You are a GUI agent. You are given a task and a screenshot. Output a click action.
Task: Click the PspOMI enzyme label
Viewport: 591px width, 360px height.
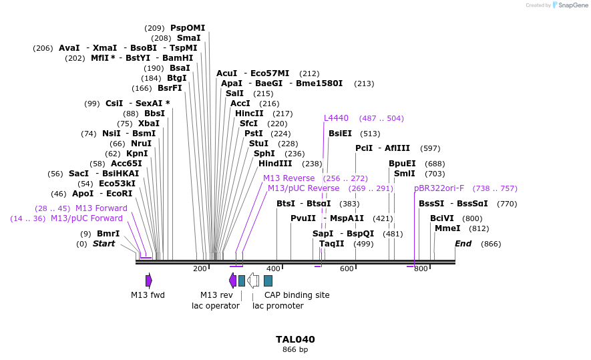click(188, 28)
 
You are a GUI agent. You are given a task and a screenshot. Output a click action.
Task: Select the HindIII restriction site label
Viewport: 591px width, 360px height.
click(275, 164)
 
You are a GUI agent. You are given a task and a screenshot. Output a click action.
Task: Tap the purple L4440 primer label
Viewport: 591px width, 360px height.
click(336, 118)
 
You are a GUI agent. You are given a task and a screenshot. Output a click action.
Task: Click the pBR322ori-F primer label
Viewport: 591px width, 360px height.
click(439, 188)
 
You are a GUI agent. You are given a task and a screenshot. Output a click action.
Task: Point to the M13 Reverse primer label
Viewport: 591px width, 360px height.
click(288, 178)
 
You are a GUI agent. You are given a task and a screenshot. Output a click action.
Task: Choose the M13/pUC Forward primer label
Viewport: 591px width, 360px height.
click(87, 218)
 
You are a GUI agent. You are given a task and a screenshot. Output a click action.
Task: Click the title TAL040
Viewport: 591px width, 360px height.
click(295, 339)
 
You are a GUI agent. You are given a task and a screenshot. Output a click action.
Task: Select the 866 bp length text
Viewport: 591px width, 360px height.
click(295, 349)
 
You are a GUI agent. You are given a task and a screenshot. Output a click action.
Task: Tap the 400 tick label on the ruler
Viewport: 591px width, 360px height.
click(273, 268)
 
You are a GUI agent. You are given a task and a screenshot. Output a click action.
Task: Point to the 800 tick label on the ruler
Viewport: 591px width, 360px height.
click(420, 268)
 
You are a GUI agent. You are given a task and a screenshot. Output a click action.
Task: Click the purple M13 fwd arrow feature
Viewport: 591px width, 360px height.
click(149, 281)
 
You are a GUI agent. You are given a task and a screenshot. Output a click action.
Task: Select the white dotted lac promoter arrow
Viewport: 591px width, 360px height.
click(253, 281)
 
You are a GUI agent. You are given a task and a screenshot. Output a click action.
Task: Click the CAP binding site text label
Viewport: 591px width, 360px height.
click(297, 295)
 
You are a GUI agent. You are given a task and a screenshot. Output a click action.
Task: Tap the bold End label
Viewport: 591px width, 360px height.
click(463, 244)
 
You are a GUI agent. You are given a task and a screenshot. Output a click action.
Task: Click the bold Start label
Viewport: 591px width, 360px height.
click(104, 244)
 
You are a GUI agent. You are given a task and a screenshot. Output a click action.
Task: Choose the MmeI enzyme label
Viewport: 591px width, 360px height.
click(447, 228)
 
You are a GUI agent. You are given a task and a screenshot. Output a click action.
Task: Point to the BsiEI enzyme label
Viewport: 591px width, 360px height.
click(340, 134)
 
